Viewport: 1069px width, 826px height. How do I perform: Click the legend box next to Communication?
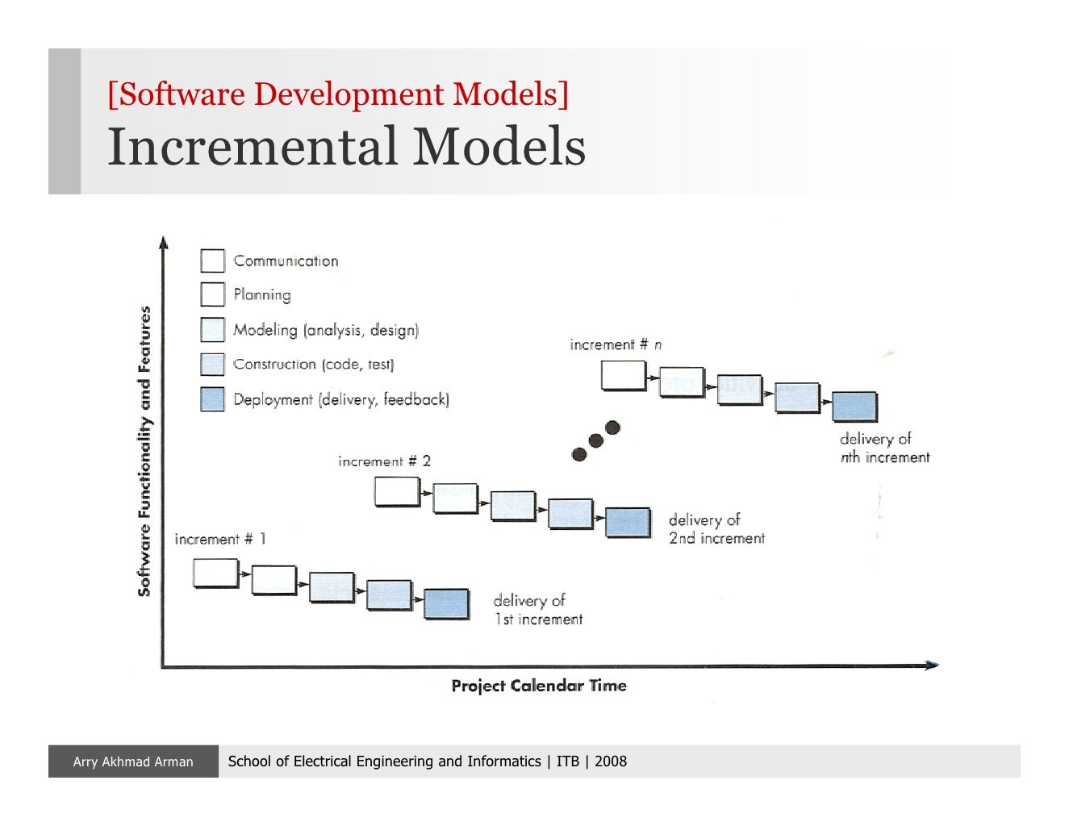tap(212, 261)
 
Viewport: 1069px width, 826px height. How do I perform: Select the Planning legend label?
tap(261, 294)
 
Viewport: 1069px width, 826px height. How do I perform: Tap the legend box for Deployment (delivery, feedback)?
tap(212, 399)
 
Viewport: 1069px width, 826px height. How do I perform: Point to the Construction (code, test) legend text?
tap(313, 365)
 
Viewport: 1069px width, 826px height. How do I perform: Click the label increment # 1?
tap(219, 539)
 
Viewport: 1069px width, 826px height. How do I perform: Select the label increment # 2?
tap(384, 461)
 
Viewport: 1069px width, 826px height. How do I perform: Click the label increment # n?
tap(616, 344)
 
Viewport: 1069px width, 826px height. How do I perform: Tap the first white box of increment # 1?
tap(215, 573)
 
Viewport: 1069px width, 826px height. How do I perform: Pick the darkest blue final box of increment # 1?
tap(446, 603)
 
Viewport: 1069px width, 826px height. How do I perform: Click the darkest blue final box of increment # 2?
tap(628, 523)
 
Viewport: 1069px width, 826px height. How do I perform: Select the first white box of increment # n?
tap(624, 376)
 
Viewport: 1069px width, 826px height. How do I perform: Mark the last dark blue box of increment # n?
tap(854, 406)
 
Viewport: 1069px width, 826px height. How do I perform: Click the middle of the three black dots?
tap(595, 440)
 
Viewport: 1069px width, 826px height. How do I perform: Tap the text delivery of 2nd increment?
tap(716, 529)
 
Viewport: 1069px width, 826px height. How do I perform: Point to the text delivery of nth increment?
tap(884, 448)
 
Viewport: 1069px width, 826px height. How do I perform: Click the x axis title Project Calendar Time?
tap(538, 686)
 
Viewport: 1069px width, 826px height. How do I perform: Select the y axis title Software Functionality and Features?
tap(144, 451)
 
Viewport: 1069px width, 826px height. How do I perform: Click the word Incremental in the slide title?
tap(253, 147)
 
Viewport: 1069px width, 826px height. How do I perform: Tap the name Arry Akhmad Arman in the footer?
tap(133, 761)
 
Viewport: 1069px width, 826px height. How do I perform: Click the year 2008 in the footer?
tap(611, 761)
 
